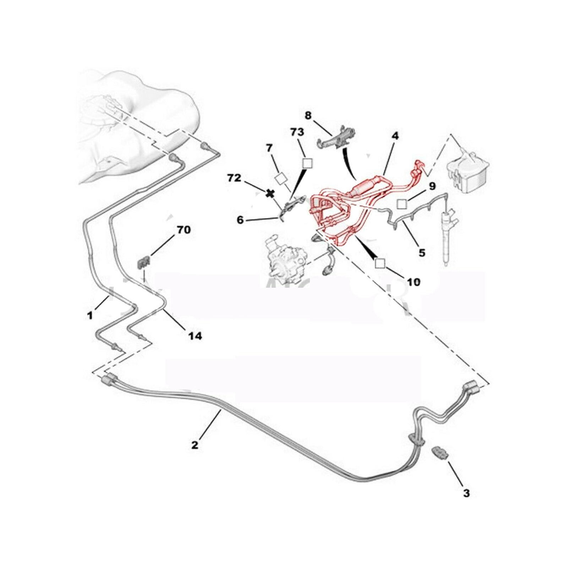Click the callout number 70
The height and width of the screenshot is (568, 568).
coord(184,230)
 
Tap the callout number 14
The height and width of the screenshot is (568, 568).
coord(195,335)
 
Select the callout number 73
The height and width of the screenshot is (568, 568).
coord(297,132)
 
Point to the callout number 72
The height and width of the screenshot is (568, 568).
coord(234,178)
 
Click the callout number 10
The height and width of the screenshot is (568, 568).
coord(414,282)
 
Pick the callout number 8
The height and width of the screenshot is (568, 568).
coord(308,115)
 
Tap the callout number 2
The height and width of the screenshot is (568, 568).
coord(195,444)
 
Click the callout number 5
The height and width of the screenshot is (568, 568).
coord(422,253)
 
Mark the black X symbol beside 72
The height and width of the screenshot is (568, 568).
coord(271,193)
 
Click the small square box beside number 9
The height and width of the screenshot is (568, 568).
coord(402,204)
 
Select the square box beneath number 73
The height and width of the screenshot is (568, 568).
coord(307,163)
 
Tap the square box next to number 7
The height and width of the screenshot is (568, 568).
coord(282,179)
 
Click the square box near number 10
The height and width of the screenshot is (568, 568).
coord(380,263)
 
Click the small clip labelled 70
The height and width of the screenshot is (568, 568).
coord(143,263)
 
